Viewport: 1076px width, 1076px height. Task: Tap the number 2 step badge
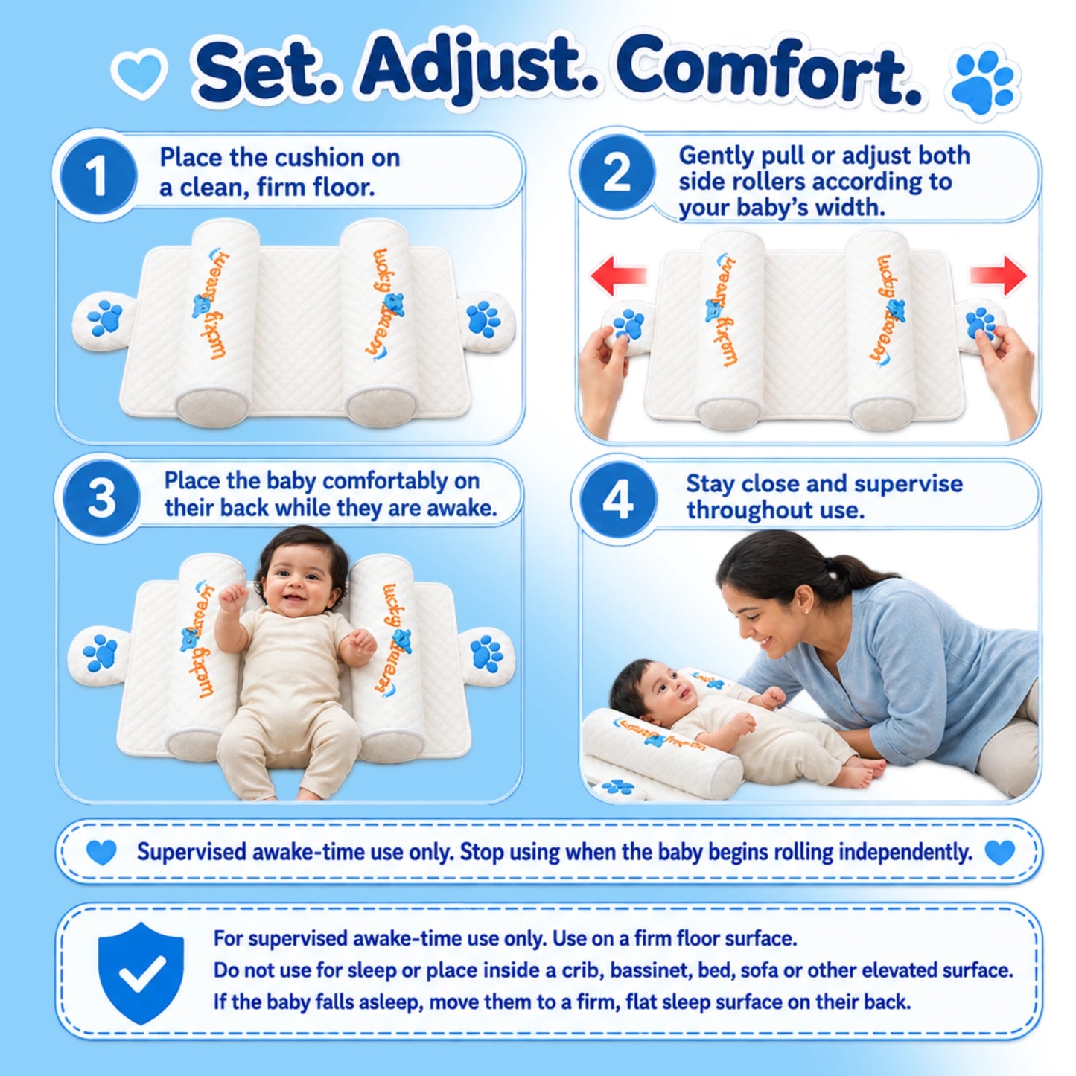coord(617,173)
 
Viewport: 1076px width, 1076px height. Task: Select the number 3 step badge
coord(101,499)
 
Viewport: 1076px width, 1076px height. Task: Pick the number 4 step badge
coord(617,499)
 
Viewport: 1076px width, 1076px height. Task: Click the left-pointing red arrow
coord(620,276)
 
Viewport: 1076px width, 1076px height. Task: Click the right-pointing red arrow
coord(998,276)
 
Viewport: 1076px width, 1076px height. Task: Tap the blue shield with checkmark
coord(141,972)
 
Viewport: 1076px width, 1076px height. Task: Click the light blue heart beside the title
coord(139,74)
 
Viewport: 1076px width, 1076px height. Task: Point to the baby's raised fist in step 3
coord(233,599)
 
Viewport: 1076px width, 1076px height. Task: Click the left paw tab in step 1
coord(104,321)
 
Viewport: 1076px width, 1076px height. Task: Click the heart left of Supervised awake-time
coord(101,853)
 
